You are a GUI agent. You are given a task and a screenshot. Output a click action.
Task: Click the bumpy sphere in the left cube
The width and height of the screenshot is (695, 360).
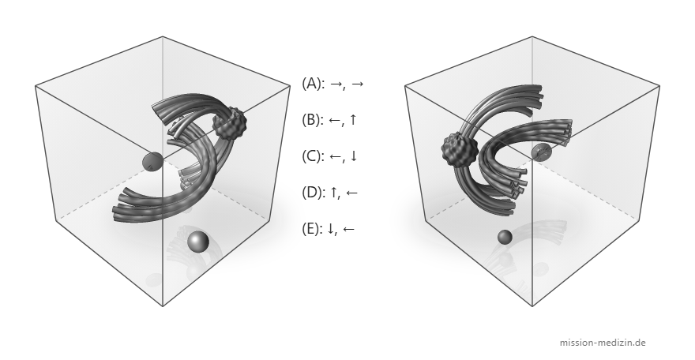tap(230, 123)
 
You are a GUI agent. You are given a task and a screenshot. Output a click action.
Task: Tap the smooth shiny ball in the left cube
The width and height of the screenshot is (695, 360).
tap(197, 242)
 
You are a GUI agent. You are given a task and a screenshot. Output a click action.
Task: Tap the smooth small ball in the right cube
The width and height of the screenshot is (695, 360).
tap(505, 237)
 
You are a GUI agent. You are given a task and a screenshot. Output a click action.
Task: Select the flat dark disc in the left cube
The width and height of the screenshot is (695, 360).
tap(152, 161)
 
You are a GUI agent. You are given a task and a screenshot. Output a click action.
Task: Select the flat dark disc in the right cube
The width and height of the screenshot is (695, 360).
tap(542, 152)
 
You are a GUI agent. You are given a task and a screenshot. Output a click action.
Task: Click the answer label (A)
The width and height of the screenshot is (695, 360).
tap(313, 83)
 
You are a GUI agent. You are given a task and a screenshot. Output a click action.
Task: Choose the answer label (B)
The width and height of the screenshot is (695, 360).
tap(313, 119)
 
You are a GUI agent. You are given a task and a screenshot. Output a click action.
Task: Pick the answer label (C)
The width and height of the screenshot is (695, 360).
tap(313, 156)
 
